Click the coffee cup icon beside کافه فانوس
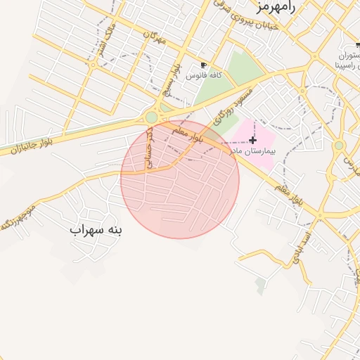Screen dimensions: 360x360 click(x=204, y=65)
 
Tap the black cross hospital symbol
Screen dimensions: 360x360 click(x=253, y=141)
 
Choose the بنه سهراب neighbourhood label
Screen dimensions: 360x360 click(x=96, y=230)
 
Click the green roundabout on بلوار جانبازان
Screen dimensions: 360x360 click(x=152, y=117)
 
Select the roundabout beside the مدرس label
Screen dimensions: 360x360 click(x=339, y=146)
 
